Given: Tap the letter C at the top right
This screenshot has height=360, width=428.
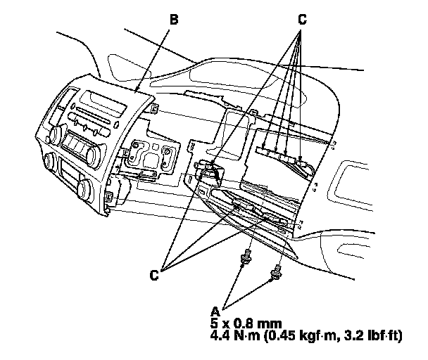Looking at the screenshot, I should pos(301,20).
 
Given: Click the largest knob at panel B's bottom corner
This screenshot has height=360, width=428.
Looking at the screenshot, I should pos(85,188).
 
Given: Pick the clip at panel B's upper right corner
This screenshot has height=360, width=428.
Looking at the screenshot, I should pos(152,108).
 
